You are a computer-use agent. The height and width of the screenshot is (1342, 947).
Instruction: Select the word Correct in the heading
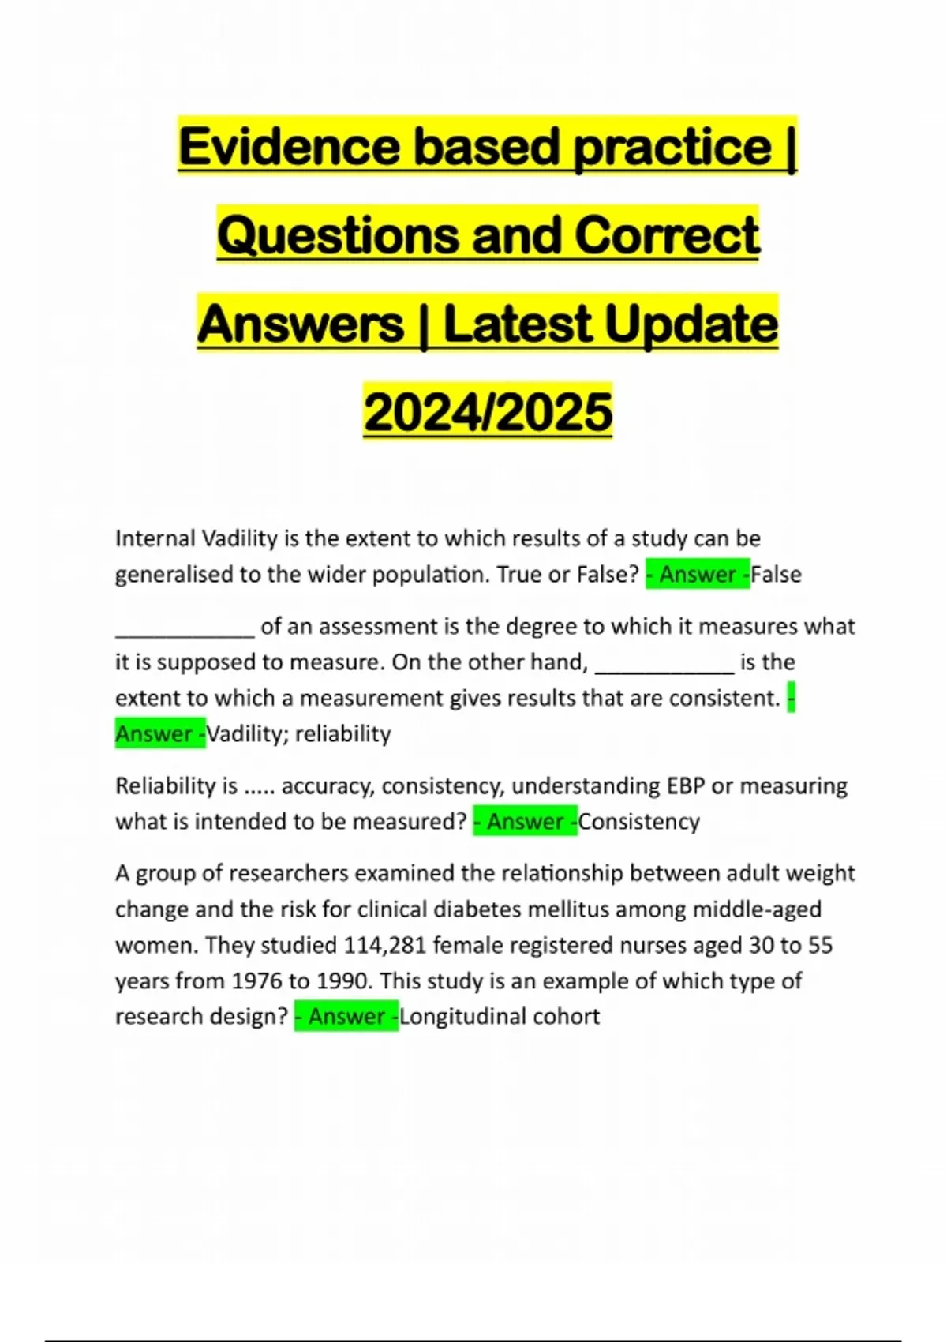[x=667, y=235]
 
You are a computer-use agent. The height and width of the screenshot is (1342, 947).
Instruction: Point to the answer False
[x=777, y=575]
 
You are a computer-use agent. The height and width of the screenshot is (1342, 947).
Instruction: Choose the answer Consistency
[x=639, y=822]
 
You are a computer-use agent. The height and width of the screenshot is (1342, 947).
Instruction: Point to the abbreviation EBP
[x=685, y=786]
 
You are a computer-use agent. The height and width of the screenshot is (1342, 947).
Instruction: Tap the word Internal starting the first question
[x=155, y=538]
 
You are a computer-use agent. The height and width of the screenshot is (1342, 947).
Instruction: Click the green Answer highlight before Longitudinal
[x=346, y=1016]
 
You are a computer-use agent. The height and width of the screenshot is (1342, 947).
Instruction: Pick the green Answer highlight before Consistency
[x=526, y=822]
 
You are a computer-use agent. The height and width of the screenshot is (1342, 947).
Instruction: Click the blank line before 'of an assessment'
[x=185, y=632]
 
